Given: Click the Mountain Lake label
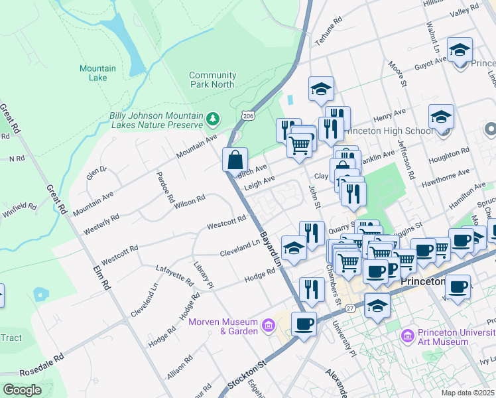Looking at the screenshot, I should point(97,73).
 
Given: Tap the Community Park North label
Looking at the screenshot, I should point(212,80).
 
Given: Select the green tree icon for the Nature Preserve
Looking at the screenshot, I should point(212,119).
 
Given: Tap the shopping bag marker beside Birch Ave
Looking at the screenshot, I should point(235,160).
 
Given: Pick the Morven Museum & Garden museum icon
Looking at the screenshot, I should point(268,325).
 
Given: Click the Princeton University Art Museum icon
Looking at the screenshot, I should point(408,336).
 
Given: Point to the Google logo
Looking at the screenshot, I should point(22,390).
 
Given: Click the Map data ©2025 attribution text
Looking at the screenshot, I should point(468,393).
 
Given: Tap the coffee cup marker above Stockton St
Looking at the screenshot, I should point(304,324).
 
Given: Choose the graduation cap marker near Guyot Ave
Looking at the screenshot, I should point(460,50).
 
